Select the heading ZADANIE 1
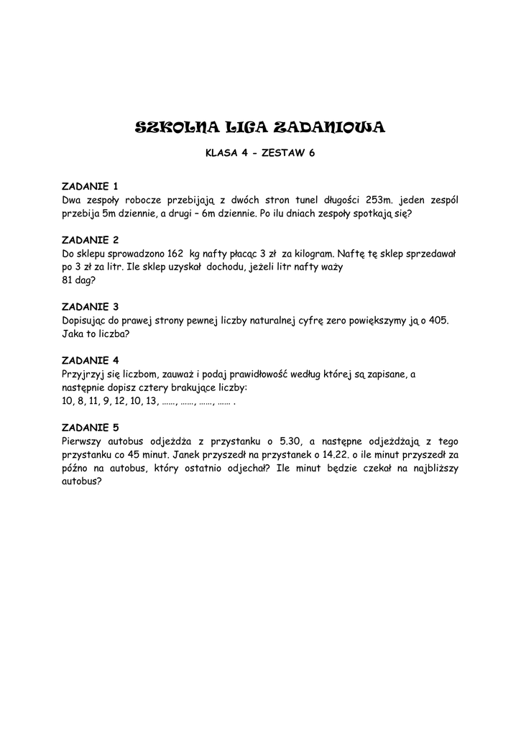coord(90,186)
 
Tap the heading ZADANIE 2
coord(90,240)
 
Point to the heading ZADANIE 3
coord(90,307)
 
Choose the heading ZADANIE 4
coord(90,360)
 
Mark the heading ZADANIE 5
coord(90,427)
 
